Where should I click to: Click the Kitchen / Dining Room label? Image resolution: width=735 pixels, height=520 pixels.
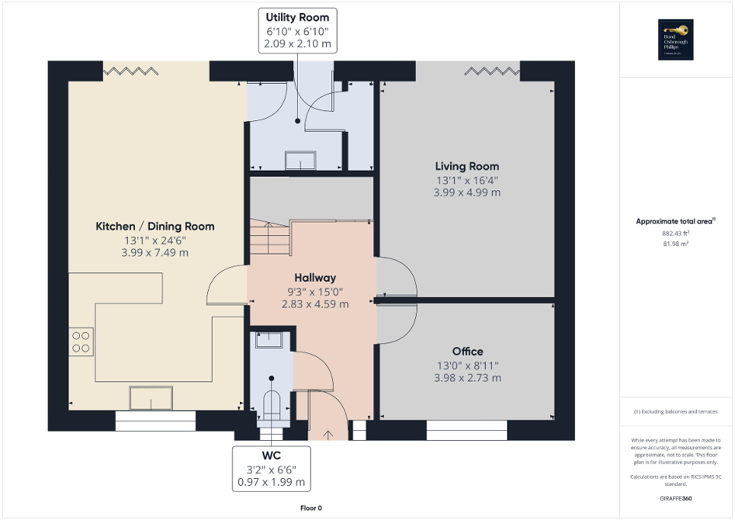point(155,226)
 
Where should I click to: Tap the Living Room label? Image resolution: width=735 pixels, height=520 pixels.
point(467,166)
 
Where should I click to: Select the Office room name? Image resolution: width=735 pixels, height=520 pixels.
point(467,351)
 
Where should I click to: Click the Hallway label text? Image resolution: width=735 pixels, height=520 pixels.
point(315,278)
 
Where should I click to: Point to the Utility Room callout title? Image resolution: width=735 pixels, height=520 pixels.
point(297,17)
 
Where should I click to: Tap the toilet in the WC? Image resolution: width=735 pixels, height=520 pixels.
point(271,402)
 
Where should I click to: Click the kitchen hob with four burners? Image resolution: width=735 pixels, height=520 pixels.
point(81,341)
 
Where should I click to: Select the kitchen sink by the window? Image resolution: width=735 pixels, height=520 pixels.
point(151,398)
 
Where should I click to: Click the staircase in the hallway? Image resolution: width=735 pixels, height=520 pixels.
point(269,238)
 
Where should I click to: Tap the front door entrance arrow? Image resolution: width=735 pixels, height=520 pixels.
point(328,435)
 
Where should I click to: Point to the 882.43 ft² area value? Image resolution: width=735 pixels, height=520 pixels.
point(676,233)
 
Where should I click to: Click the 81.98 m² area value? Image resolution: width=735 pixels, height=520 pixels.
point(676,244)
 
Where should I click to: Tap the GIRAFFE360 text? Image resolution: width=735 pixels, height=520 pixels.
point(676,498)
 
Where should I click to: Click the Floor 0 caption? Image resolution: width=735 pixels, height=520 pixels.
point(310,508)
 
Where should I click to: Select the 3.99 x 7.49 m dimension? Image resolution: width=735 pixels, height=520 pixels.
point(155,252)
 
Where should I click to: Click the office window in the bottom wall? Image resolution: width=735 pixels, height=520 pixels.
point(466,430)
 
